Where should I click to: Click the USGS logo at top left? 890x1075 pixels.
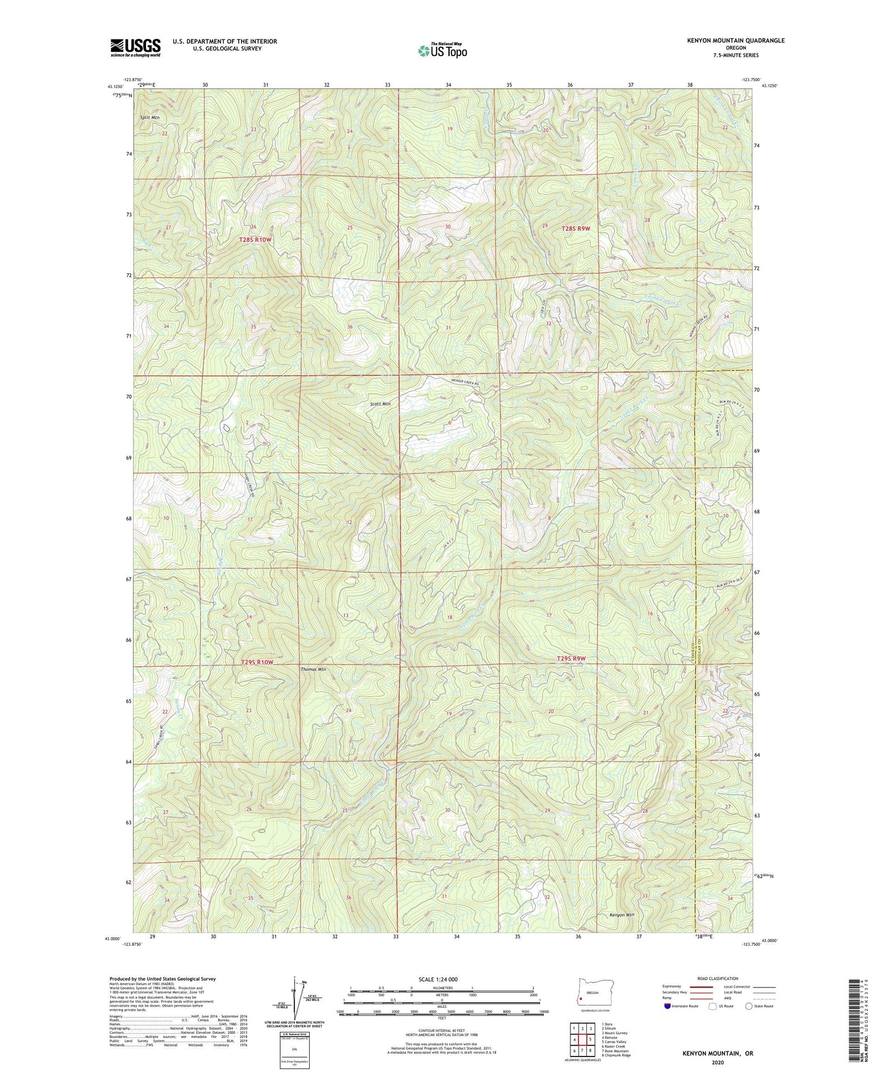click(136, 47)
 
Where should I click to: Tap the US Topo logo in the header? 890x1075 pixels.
click(442, 50)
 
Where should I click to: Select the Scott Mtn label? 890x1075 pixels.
click(380, 405)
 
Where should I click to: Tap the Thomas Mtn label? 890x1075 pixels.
click(313, 669)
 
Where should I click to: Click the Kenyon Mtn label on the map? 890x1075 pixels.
click(621, 914)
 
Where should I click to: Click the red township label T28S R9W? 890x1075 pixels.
click(576, 228)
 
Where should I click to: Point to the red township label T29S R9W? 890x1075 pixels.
click(571, 659)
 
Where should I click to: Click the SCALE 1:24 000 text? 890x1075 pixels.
click(441, 979)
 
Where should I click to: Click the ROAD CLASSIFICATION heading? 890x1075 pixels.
click(718, 978)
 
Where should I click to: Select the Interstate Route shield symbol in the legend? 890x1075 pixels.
click(668, 1006)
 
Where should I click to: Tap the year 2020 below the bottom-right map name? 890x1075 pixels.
click(718, 1062)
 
